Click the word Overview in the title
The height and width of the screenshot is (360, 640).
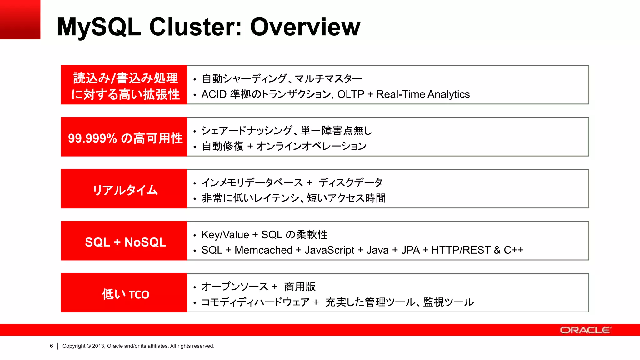pos(305,27)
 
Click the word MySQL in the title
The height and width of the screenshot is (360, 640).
pos(99,27)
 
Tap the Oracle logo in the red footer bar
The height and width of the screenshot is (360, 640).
pos(585,330)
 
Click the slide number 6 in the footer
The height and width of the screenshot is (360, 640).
pos(52,346)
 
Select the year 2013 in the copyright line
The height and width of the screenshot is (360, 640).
pos(98,346)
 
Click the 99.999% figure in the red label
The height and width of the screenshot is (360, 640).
pos(92,138)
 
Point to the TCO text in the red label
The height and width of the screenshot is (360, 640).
pos(139,295)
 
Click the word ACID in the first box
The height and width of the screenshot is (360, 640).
pos(214,94)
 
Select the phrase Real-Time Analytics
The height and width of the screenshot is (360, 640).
pos(423,94)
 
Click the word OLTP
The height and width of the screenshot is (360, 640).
pos(351,94)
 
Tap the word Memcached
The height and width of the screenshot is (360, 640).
pos(263,250)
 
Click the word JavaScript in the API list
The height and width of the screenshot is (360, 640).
pos(329,250)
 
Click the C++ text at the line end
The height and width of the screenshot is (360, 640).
pos(513,250)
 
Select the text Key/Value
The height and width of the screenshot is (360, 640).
pos(225,235)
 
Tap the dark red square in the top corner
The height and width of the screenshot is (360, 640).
pos(20,19)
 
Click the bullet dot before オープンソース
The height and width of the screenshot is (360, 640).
pos(195,287)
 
